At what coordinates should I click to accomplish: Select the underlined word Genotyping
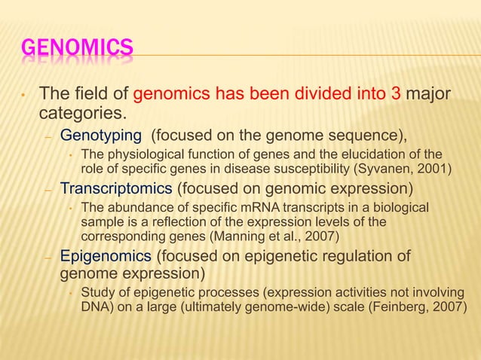click(100, 136)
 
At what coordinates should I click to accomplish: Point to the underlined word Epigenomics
click(106, 257)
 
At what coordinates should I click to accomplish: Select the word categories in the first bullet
click(81, 114)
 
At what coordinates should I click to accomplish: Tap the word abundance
click(133, 207)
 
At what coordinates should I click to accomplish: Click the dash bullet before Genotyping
click(47, 137)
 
